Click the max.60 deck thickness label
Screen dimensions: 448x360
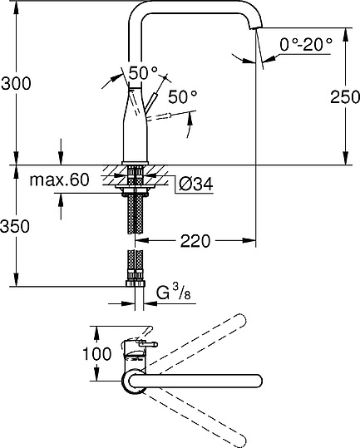coord(59,180)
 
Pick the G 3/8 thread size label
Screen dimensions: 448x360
coord(175,293)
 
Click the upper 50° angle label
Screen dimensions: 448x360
coord(142,72)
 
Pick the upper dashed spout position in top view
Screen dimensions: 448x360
coord(200,341)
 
